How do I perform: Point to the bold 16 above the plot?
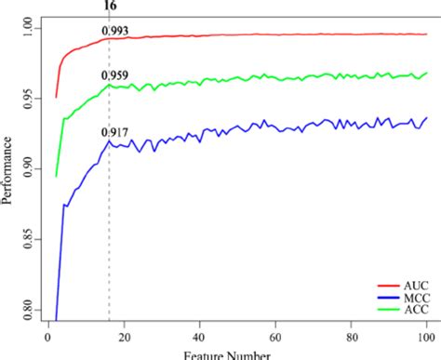[109, 6]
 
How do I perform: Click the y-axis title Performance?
[7, 168]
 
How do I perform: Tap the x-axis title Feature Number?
[227, 354]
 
